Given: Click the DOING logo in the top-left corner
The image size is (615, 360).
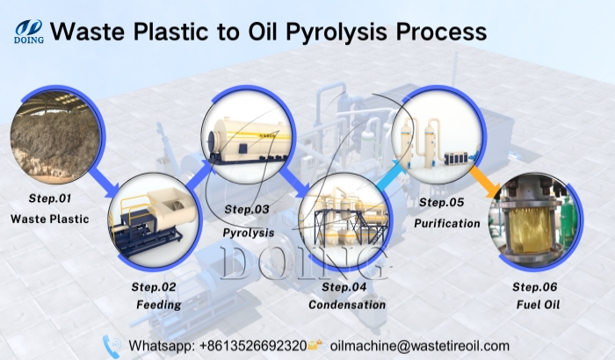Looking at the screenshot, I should [28, 32].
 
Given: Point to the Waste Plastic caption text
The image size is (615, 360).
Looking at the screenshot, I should [50, 219].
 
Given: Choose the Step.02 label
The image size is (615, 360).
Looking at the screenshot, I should [155, 287].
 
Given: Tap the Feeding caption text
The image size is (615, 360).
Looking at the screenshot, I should [159, 305].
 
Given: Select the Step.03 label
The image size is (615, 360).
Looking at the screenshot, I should [248, 209].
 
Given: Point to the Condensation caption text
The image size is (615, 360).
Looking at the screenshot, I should [347, 305].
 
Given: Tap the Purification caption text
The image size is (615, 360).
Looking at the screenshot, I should [447, 223].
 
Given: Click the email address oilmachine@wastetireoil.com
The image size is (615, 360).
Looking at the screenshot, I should [420, 345].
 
